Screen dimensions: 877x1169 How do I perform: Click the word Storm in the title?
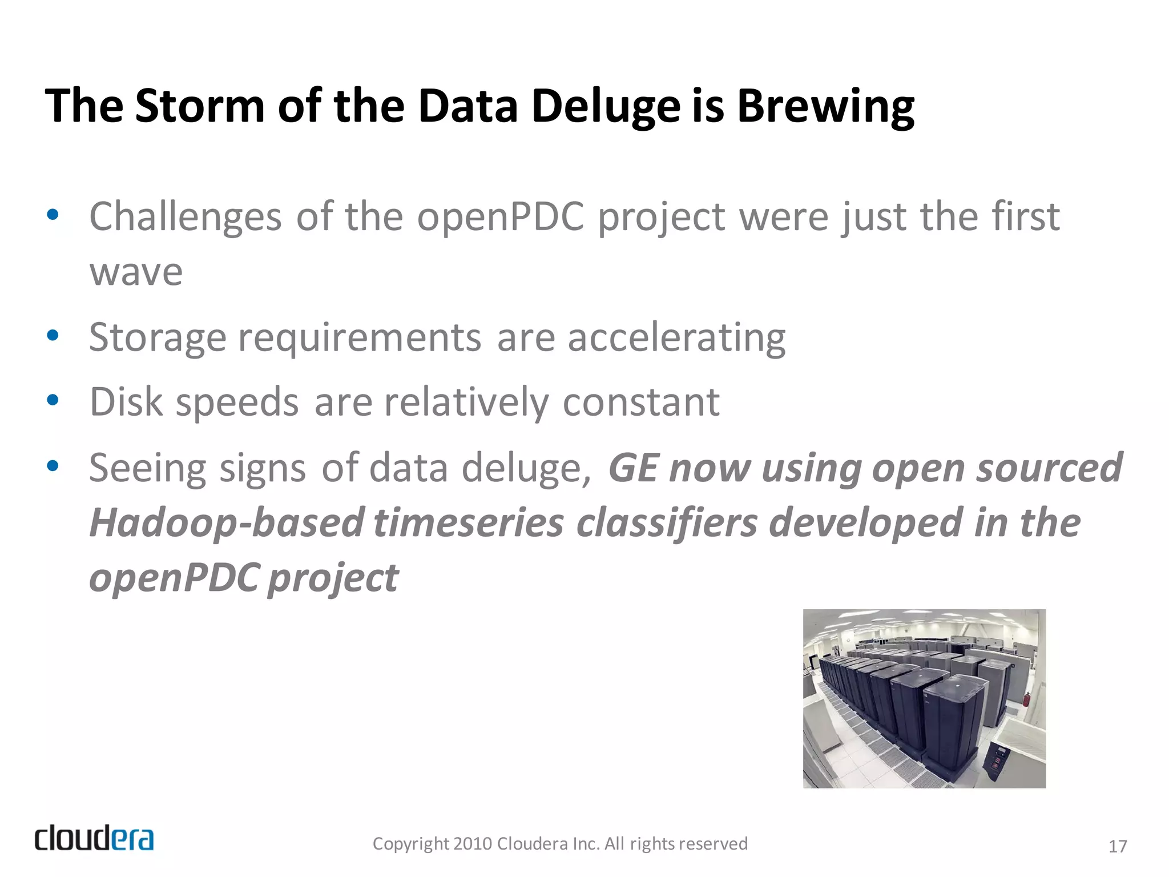(200, 106)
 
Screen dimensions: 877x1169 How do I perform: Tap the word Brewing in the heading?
(825, 107)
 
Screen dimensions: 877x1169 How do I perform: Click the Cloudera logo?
(94, 839)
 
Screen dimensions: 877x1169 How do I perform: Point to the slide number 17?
(1117, 846)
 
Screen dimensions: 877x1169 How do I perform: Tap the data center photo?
(924, 698)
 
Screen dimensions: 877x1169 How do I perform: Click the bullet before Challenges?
(53, 215)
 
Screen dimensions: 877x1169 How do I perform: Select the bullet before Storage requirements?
(53, 336)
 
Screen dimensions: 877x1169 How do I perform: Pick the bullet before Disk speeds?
(53, 400)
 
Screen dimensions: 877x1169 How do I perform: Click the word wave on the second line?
(136, 272)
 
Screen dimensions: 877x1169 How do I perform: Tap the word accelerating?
(676, 338)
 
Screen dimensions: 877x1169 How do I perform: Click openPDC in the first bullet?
(500, 217)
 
